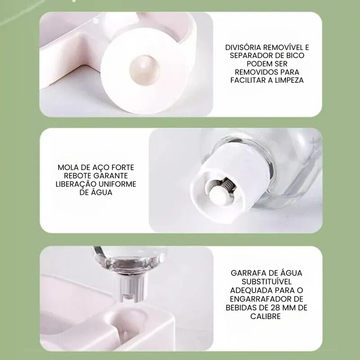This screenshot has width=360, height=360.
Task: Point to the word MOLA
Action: pos(68,168)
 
